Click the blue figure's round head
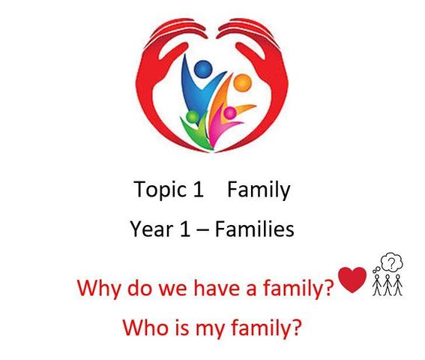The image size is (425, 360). pos(203,69)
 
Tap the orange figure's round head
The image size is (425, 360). pos(243,82)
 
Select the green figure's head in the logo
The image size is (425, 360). pos(193,117)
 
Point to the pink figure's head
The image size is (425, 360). pos(230,112)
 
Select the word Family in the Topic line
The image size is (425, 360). pos(259,190)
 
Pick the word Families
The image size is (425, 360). pos(255,229)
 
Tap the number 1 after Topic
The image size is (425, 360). pos(198,189)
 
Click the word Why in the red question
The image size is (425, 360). pos(99,289)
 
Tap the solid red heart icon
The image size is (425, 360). pos(352,280)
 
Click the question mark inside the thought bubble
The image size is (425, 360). pos(391,262)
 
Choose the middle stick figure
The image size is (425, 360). pos(388,285)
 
